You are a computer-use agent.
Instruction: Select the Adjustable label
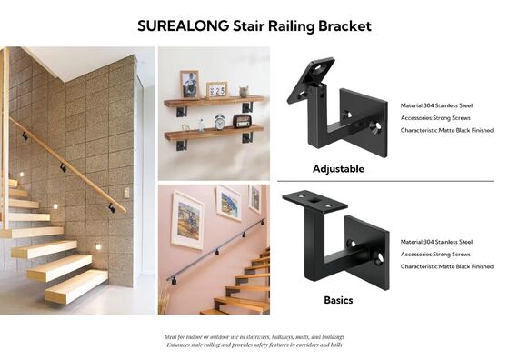pyautogui.click(x=338, y=168)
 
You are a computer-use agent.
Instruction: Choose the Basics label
pyautogui.click(x=338, y=299)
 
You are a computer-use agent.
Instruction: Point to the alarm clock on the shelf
pyautogui.click(x=220, y=122)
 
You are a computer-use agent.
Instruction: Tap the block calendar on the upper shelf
pyautogui.click(x=216, y=89)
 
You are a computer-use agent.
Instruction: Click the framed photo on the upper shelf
pyautogui.click(x=189, y=84)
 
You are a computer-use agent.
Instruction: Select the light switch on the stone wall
pyautogui.click(x=126, y=193)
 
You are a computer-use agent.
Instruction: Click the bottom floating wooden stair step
pyautogui.click(x=76, y=288)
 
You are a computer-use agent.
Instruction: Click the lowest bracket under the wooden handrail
pyautogui.click(x=112, y=207)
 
